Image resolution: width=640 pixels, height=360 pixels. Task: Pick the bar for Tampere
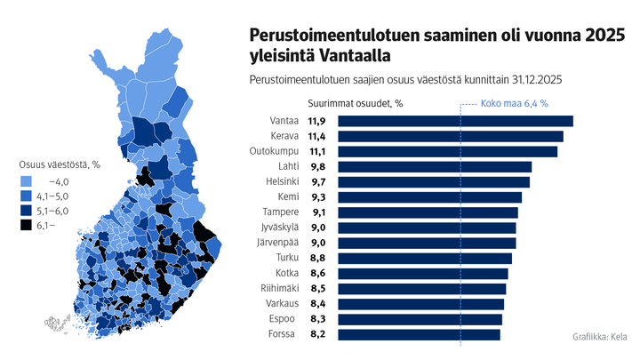pos(426,212)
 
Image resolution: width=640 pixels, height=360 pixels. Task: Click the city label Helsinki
pos(281,181)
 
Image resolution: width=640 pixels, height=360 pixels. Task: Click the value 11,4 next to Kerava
pos(316,136)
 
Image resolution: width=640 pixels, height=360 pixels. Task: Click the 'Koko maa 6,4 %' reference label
pos(514,103)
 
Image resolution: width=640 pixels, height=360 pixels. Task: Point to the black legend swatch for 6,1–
pos(27,226)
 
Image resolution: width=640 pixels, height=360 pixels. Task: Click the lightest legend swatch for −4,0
pos(27,180)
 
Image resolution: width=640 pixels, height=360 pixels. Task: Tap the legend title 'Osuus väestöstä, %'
pos(60,164)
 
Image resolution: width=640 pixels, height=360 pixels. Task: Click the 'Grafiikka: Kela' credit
pos(600,338)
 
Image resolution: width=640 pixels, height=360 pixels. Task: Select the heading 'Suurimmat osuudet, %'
pos(356,103)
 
